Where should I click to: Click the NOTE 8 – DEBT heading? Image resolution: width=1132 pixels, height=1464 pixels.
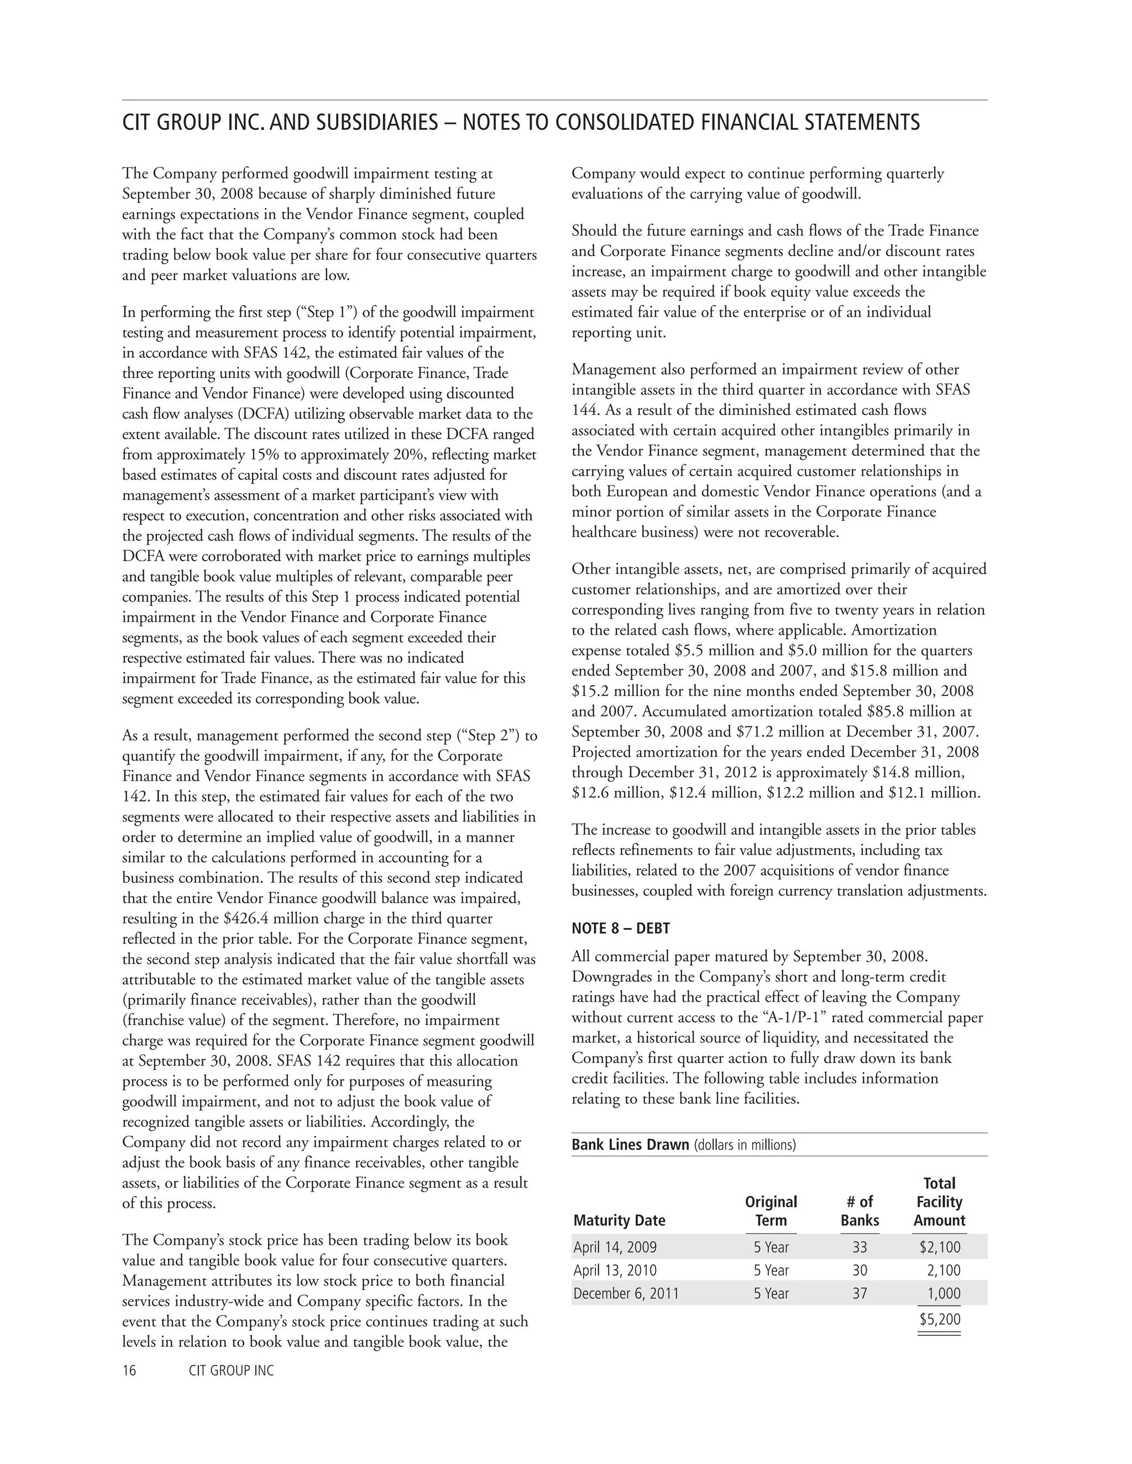coord(620,929)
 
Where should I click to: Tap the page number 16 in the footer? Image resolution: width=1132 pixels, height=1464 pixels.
coord(129,1370)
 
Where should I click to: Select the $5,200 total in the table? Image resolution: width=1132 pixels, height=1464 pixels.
coord(940,1319)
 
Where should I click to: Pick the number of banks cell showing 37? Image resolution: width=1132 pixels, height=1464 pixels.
coord(859,1293)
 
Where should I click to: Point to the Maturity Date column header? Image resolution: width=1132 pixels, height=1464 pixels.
coord(619,1220)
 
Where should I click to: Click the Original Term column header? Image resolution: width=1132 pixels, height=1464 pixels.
coord(771,1210)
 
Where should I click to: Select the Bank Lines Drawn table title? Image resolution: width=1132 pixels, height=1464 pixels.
coord(630,1144)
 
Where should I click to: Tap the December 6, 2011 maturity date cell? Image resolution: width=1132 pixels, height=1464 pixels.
coord(625,1293)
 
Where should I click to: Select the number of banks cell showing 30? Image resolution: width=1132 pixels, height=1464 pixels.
coord(859,1270)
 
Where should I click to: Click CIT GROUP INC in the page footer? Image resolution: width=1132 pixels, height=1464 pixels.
coord(232,1370)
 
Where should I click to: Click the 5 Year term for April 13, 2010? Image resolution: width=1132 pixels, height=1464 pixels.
coord(771,1270)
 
